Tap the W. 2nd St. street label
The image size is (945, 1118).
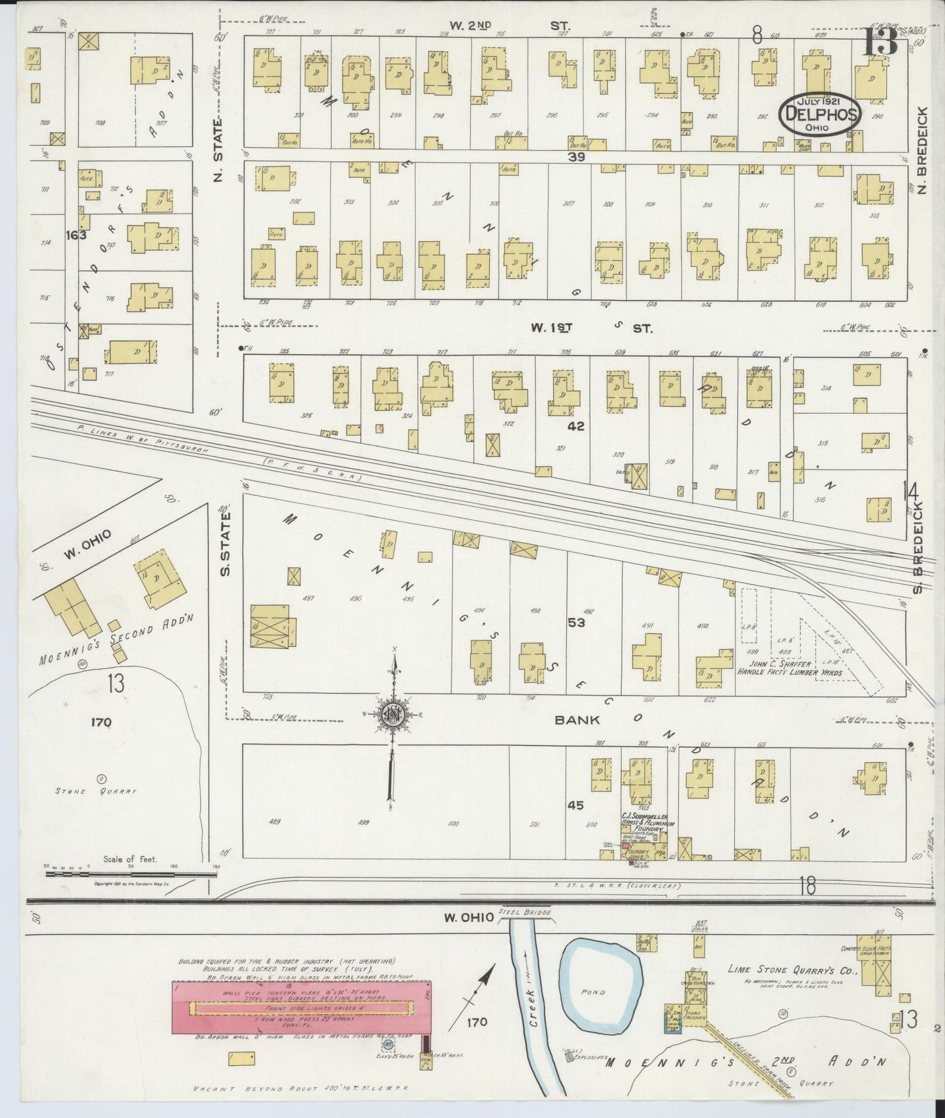point(509,25)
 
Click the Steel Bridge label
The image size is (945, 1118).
point(524,912)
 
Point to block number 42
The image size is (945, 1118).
point(576,426)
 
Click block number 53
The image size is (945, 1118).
point(576,622)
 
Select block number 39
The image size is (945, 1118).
point(576,157)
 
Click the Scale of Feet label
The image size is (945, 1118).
point(129,859)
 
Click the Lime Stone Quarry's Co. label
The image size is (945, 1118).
point(791,969)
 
